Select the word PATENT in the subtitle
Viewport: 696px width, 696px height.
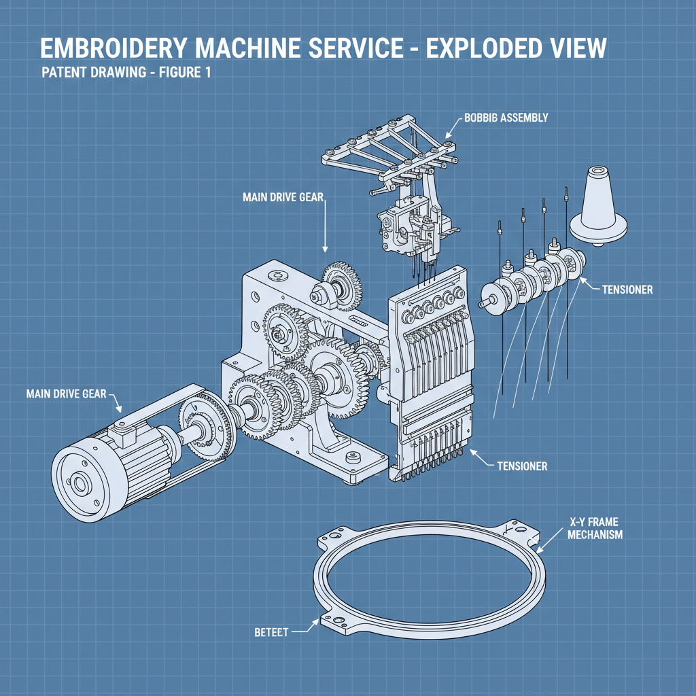[x=65, y=73]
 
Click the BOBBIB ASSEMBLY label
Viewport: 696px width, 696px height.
[x=506, y=118]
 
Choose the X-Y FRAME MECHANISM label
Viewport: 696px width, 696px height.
[x=595, y=529]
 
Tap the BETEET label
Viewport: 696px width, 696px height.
[x=271, y=632]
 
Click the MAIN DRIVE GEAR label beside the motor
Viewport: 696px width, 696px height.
[x=66, y=394]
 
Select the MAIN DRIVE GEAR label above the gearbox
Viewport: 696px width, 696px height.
[x=283, y=197]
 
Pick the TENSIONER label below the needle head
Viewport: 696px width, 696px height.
[x=522, y=466]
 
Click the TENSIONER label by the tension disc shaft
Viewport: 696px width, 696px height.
[x=627, y=290]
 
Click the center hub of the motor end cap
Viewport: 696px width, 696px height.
[x=80, y=485]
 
